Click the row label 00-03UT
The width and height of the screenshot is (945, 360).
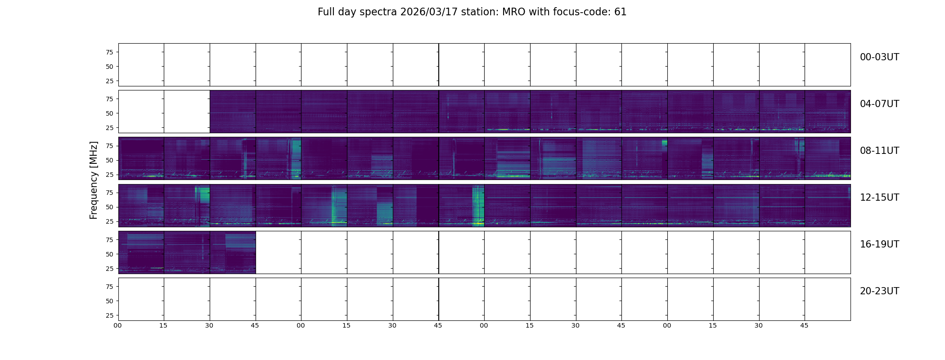click(x=879, y=57)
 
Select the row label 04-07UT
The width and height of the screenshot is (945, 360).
click(x=879, y=104)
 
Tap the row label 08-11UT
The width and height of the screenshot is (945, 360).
click(x=879, y=151)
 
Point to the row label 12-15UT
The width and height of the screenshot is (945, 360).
click(x=879, y=198)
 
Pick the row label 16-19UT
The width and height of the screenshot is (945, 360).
click(x=879, y=244)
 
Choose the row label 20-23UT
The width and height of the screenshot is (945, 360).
click(x=879, y=291)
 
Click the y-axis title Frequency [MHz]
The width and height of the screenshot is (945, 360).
click(x=94, y=180)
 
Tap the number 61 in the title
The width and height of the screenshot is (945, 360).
click(x=620, y=12)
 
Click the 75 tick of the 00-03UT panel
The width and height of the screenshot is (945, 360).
click(x=109, y=52)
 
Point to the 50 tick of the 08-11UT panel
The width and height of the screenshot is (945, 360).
click(x=109, y=160)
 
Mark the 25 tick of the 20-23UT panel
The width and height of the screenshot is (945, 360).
click(x=109, y=315)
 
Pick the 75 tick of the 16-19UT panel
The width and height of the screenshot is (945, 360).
click(x=109, y=240)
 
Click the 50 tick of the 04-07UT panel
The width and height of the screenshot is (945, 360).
click(x=109, y=113)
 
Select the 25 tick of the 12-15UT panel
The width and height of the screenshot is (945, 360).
click(x=109, y=221)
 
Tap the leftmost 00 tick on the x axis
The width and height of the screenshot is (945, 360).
click(x=118, y=325)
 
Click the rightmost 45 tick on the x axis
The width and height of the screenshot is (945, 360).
click(x=804, y=325)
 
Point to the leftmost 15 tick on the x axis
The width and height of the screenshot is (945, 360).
click(x=163, y=325)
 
